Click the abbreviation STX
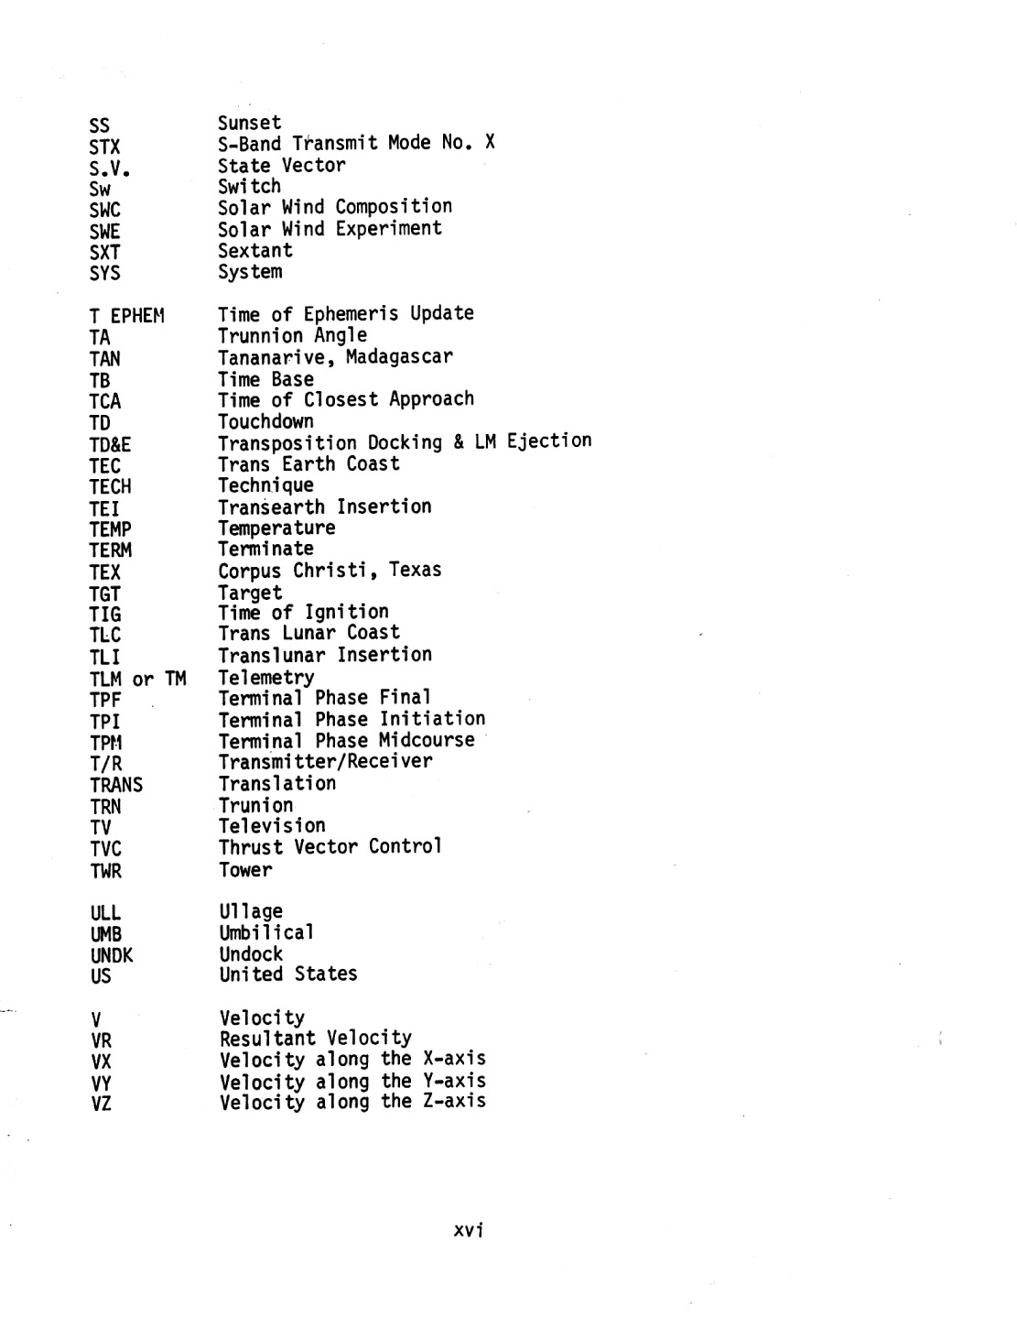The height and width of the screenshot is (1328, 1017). click(x=104, y=147)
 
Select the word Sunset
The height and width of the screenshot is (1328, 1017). click(x=249, y=123)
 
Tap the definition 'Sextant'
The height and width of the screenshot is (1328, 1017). click(x=254, y=250)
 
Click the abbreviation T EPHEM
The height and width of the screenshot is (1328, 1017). click(x=126, y=317)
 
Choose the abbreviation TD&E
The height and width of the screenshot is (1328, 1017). click(x=110, y=445)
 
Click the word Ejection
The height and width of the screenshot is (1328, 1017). click(x=548, y=441)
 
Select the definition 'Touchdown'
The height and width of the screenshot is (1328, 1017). click(x=265, y=421)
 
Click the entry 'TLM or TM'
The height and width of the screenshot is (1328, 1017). click(x=137, y=680)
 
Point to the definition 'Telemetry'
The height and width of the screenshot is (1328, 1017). click(x=265, y=678)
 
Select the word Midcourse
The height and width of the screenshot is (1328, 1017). click(x=426, y=740)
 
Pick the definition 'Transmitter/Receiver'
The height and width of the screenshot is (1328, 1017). click(x=325, y=761)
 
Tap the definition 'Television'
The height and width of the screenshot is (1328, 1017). click(x=272, y=825)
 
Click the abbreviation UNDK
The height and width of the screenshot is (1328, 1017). click(x=112, y=956)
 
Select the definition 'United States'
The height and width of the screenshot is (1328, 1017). click(x=287, y=974)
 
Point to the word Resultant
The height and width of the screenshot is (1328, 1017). click(x=267, y=1038)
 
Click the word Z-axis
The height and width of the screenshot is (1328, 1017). click(x=454, y=1101)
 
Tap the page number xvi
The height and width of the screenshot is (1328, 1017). click(x=468, y=1230)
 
